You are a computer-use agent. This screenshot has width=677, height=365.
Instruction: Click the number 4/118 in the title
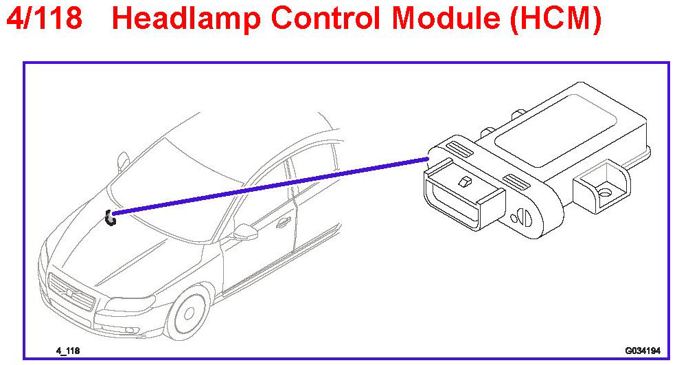[x=45, y=19]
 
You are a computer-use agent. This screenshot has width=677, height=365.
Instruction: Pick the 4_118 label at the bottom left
[x=67, y=351]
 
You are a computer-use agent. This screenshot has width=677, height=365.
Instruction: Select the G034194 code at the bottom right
[x=643, y=351]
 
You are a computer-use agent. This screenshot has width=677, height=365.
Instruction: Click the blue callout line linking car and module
[x=275, y=185]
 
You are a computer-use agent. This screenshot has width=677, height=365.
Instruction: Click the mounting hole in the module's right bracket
[x=604, y=193]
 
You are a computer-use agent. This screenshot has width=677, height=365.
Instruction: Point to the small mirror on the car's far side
[x=123, y=161]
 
